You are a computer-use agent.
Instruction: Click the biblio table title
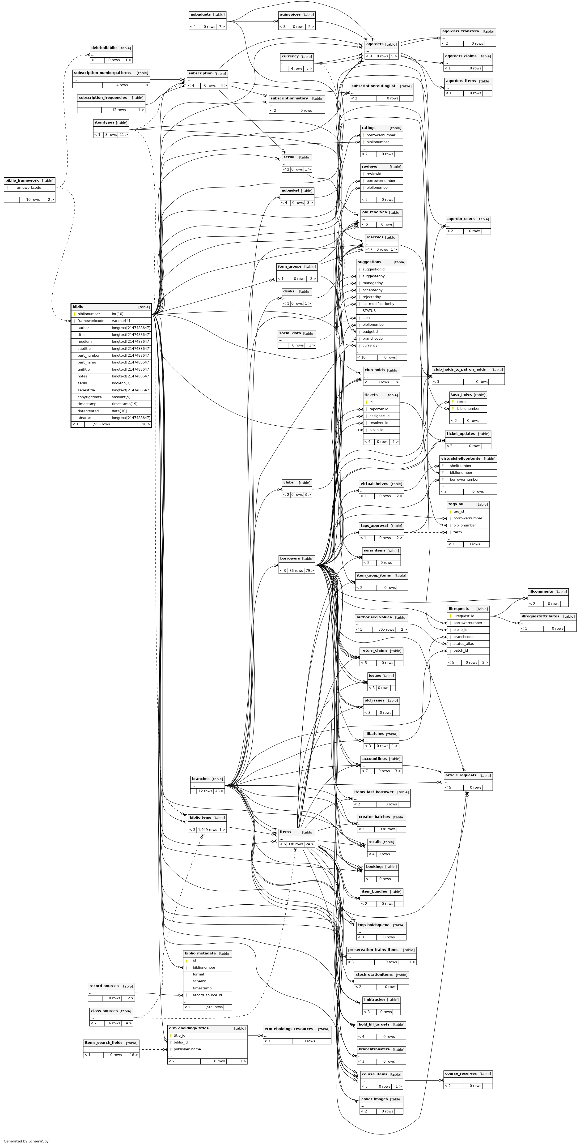tap(78, 307)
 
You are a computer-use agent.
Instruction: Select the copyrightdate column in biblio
tap(89, 397)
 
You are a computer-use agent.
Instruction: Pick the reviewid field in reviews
tap(374, 174)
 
